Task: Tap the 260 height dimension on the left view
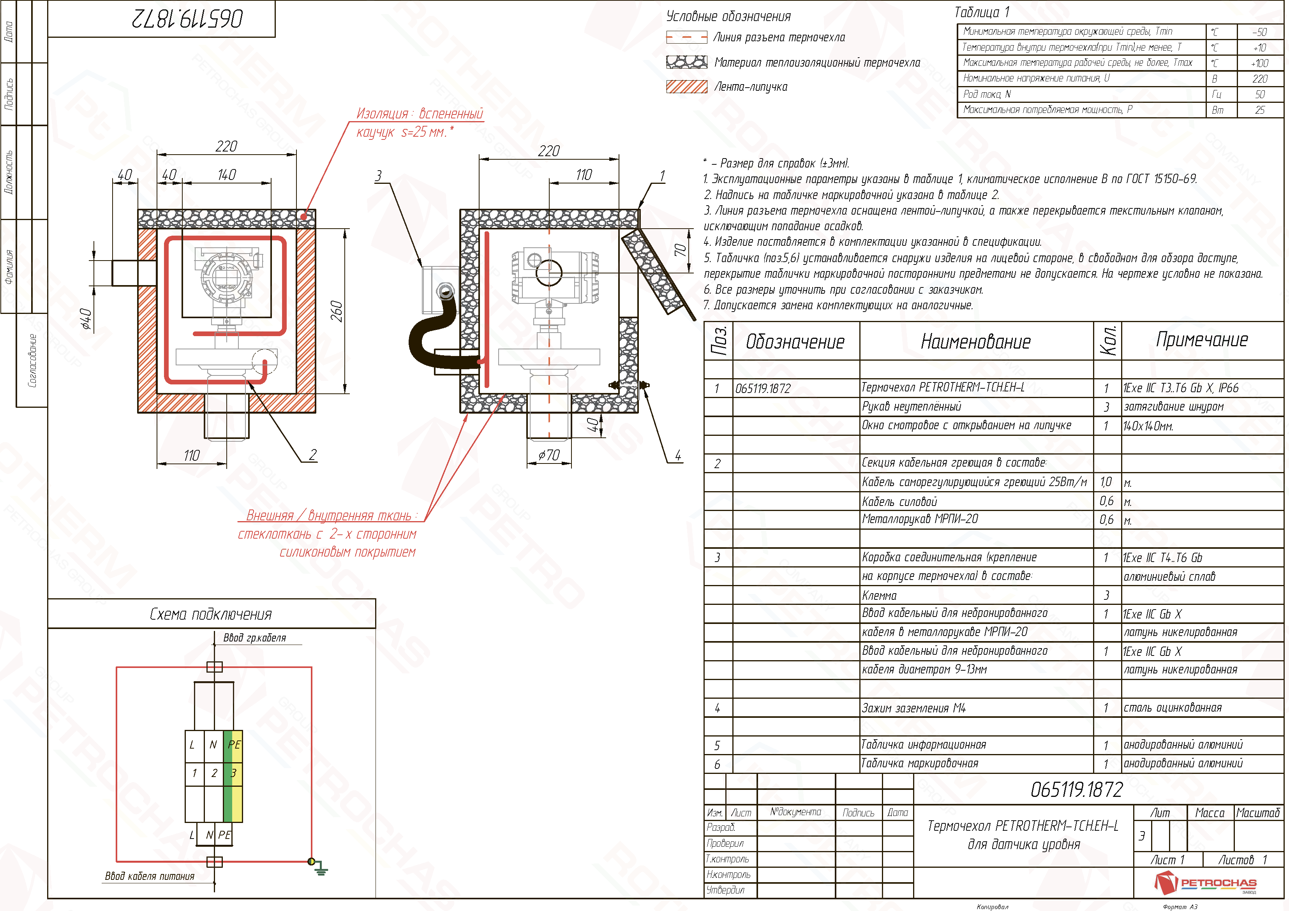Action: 336,311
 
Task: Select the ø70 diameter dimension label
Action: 548,455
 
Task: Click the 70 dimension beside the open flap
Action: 680,250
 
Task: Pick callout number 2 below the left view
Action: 313,455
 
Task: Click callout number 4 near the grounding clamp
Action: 678,455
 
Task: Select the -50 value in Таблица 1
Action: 1259,32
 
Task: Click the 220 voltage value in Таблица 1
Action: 1259,79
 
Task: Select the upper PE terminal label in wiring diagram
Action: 234,744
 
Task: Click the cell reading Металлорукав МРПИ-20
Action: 920,519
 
